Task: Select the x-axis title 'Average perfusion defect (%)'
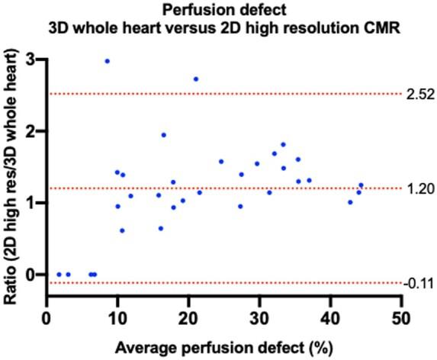pyautogui.click(x=223, y=349)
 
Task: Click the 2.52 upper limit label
pyautogui.click(x=419, y=94)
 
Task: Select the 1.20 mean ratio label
pyautogui.click(x=419, y=188)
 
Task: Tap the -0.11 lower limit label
pyautogui.click(x=419, y=283)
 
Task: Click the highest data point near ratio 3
pyautogui.click(x=107, y=61)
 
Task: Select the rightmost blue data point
pyautogui.click(x=361, y=185)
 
